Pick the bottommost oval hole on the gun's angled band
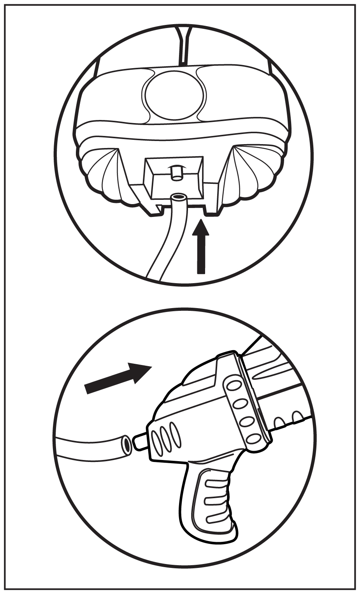tap(254, 439)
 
